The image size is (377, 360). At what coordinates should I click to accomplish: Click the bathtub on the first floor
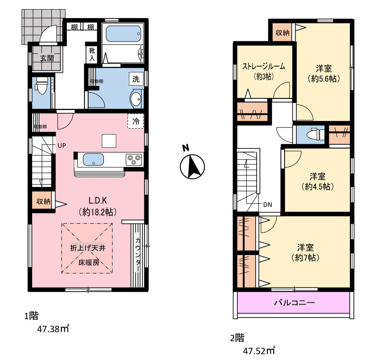(123, 34)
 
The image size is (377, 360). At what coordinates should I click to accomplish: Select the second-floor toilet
(316, 134)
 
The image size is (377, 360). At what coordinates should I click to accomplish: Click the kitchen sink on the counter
(93, 160)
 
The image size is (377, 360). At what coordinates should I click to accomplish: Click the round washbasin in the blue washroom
(136, 99)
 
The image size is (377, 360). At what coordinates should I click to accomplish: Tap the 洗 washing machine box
(136, 79)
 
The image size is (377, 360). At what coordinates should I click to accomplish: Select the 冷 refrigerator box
(136, 121)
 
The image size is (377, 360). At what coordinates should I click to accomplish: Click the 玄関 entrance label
(47, 58)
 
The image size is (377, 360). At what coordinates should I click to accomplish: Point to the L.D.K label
(98, 200)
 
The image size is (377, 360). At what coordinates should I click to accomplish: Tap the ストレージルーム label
(263, 66)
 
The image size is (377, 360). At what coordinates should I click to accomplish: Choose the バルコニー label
(294, 302)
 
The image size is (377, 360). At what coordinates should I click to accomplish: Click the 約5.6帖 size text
(324, 79)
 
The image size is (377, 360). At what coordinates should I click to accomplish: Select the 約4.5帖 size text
(318, 186)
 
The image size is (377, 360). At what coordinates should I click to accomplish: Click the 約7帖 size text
(305, 258)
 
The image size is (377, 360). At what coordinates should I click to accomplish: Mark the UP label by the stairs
(62, 145)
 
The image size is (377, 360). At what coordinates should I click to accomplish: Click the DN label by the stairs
(267, 205)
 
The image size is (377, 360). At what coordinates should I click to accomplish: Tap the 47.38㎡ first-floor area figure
(53, 328)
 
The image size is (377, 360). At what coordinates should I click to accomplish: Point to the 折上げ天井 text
(88, 248)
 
